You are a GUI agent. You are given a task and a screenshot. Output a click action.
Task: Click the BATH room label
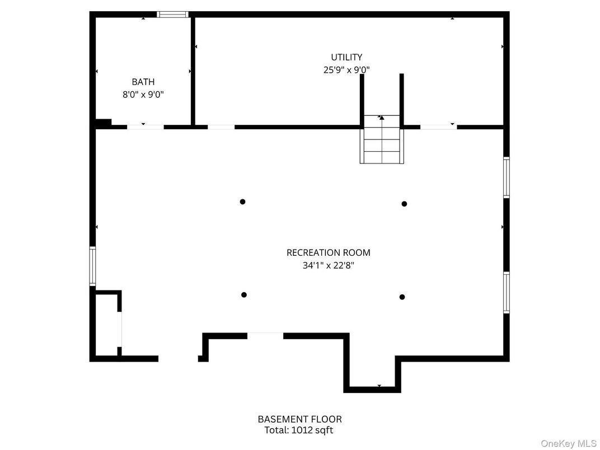pos(143,82)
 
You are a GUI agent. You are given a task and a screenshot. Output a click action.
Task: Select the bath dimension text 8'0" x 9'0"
pos(143,95)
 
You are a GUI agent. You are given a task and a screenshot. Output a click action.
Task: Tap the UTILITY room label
pos(346,57)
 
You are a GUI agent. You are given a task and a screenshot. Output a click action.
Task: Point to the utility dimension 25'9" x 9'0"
pos(346,70)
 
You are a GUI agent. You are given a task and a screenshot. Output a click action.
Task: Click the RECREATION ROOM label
pos(328,252)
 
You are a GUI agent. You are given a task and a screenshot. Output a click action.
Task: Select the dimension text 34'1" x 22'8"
pos(328,266)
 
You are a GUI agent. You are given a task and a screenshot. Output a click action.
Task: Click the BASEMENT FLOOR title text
pos(299,419)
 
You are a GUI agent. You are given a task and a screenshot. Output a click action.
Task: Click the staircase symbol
pos(382,143)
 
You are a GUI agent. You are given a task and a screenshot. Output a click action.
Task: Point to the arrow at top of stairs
pos(382,118)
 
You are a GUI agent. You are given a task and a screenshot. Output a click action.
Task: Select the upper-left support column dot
pos(242,201)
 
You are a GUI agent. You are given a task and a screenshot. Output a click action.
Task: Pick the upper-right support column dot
pos(404,204)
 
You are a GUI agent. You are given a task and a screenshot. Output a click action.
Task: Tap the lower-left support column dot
pos(243,295)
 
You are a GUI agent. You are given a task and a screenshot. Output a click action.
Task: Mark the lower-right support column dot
pos(402,297)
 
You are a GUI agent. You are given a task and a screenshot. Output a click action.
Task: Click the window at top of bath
pos(172,15)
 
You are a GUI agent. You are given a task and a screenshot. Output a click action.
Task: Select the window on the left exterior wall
pos(93,266)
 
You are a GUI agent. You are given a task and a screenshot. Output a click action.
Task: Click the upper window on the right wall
pos(506,177)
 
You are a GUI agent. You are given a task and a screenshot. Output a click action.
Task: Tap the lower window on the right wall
pos(506,292)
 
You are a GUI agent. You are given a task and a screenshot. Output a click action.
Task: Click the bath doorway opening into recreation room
pos(146,127)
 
